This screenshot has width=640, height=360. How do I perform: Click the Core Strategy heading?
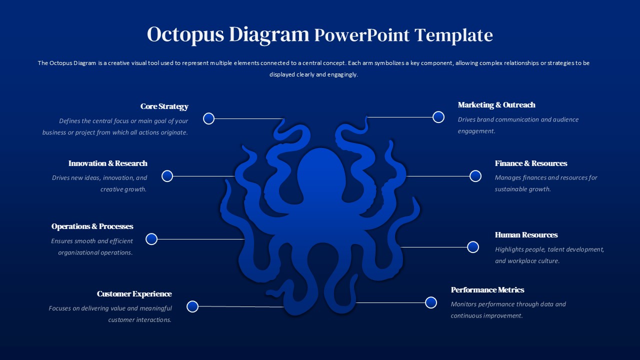click(x=164, y=106)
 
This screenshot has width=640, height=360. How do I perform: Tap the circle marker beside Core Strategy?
click(x=209, y=118)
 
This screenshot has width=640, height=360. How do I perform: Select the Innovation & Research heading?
click(x=108, y=163)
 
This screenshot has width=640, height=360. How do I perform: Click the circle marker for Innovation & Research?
click(x=167, y=176)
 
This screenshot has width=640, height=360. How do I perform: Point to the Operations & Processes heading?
click(x=92, y=226)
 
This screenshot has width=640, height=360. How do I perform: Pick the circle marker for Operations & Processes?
click(x=151, y=239)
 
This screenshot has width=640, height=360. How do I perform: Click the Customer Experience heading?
click(x=134, y=294)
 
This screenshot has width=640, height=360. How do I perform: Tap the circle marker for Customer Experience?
click(x=192, y=306)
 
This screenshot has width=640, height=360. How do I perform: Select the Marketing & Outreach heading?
click(x=496, y=105)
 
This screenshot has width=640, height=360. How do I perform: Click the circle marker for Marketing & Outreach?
click(x=438, y=117)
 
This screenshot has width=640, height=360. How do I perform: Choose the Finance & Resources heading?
click(x=531, y=163)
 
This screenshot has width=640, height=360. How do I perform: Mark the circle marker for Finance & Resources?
click(x=475, y=176)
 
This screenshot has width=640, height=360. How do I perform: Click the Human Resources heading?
click(x=526, y=235)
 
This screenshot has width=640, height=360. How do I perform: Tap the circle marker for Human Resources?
click(x=473, y=247)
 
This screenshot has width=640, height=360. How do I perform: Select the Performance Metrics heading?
click(x=487, y=290)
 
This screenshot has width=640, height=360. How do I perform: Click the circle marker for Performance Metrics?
click(x=431, y=302)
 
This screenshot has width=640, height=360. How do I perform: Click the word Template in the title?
click(x=453, y=35)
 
